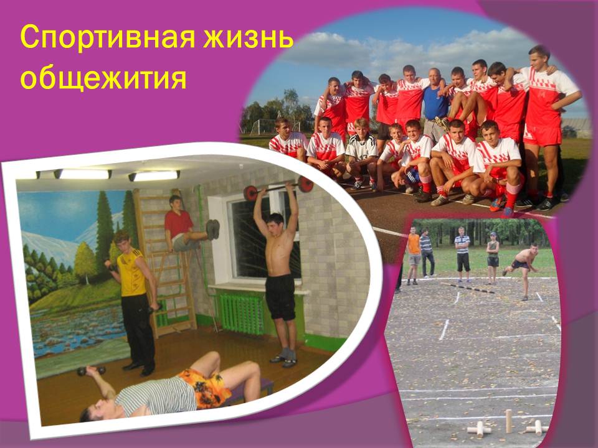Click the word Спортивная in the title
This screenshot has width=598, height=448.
coord(108,37)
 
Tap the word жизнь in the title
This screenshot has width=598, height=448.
coord(249,37)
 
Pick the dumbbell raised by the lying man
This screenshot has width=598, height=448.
coord(91,370)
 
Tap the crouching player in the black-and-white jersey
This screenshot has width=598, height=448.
coord(361,154)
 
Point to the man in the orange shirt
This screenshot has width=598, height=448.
coord(413,255)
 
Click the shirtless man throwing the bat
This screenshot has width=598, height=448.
coord(522,269)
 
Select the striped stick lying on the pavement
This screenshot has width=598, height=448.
coord(468,288)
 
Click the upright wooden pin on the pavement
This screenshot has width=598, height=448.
coord(508,421)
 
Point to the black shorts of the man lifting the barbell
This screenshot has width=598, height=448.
coord(280,297)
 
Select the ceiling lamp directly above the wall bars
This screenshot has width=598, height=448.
coord(154,176)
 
